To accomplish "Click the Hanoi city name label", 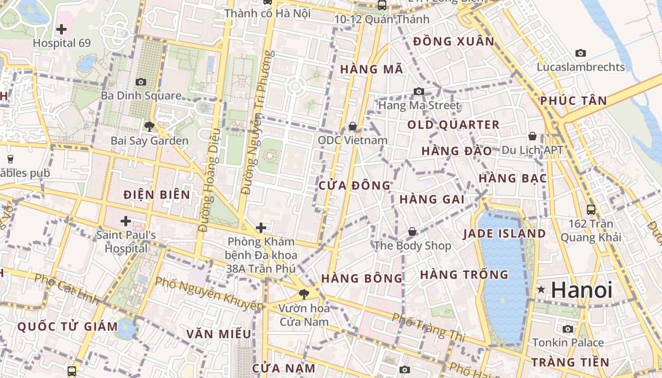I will (x=582, y=290).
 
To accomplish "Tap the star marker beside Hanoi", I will (x=541, y=289).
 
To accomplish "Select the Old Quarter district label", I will (x=453, y=125).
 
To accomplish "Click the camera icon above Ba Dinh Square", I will (x=140, y=82).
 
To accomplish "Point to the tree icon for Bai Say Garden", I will (x=149, y=127).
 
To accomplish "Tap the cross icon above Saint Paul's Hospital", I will (x=126, y=221).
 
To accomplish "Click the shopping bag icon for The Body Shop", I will (x=412, y=232).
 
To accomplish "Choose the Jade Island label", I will (x=504, y=233).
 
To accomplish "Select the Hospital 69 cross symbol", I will (x=61, y=29).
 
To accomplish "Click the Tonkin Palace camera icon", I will (x=568, y=329).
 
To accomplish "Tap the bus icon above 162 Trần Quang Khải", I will (x=591, y=209).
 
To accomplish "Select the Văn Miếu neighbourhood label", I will (x=218, y=334).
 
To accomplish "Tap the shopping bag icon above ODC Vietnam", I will (x=352, y=126).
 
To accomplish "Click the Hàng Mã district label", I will (x=372, y=69).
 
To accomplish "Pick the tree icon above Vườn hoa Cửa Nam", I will (x=303, y=294).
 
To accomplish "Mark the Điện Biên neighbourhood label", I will (x=157, y=195).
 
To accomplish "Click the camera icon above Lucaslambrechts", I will (x=581, y=53).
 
